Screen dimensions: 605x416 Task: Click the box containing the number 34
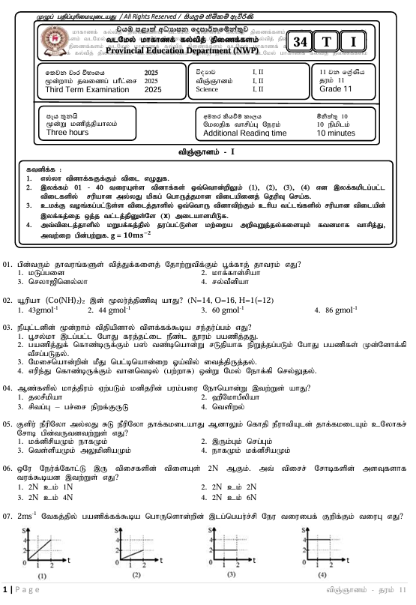(x=301, y=40)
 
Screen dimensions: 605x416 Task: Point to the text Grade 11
(x=335, y=89)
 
